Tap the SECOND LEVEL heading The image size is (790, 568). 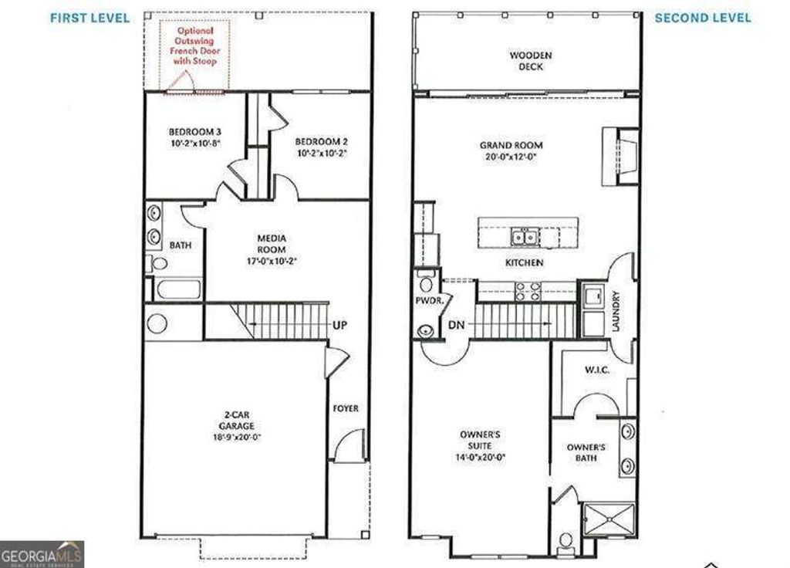coord(702,18)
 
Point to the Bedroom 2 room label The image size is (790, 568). coord(322,142)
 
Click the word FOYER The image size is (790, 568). coord(346,408)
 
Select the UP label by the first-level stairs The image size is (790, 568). coord(339,325)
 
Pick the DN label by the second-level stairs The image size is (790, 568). coord(456,325)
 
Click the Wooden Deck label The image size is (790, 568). coord(531,61)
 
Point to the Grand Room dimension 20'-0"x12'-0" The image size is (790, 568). coord(511,156)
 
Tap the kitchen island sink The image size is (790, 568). coord(527,236)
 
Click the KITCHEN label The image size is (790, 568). coord(525,263)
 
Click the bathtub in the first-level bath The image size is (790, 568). coord(177,290)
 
